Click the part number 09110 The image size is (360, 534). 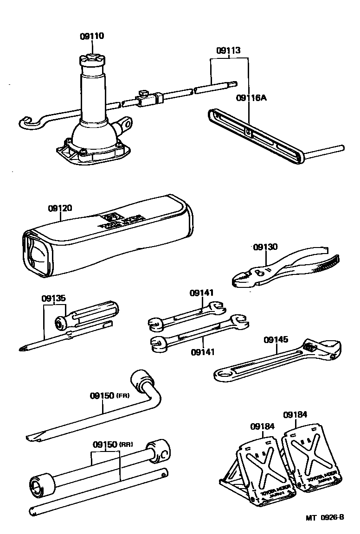click(92, 36)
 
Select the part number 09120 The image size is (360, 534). click(59, 209)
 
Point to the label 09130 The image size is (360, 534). click(265, 247)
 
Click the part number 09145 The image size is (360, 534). click(276, 340)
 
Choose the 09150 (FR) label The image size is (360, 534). click(109, 396)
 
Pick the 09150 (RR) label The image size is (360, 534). click(113, 444)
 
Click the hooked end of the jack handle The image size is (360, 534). click(29, 122)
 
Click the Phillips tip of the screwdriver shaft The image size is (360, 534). click(24, 348)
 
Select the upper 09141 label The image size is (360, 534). click(201, 293)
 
